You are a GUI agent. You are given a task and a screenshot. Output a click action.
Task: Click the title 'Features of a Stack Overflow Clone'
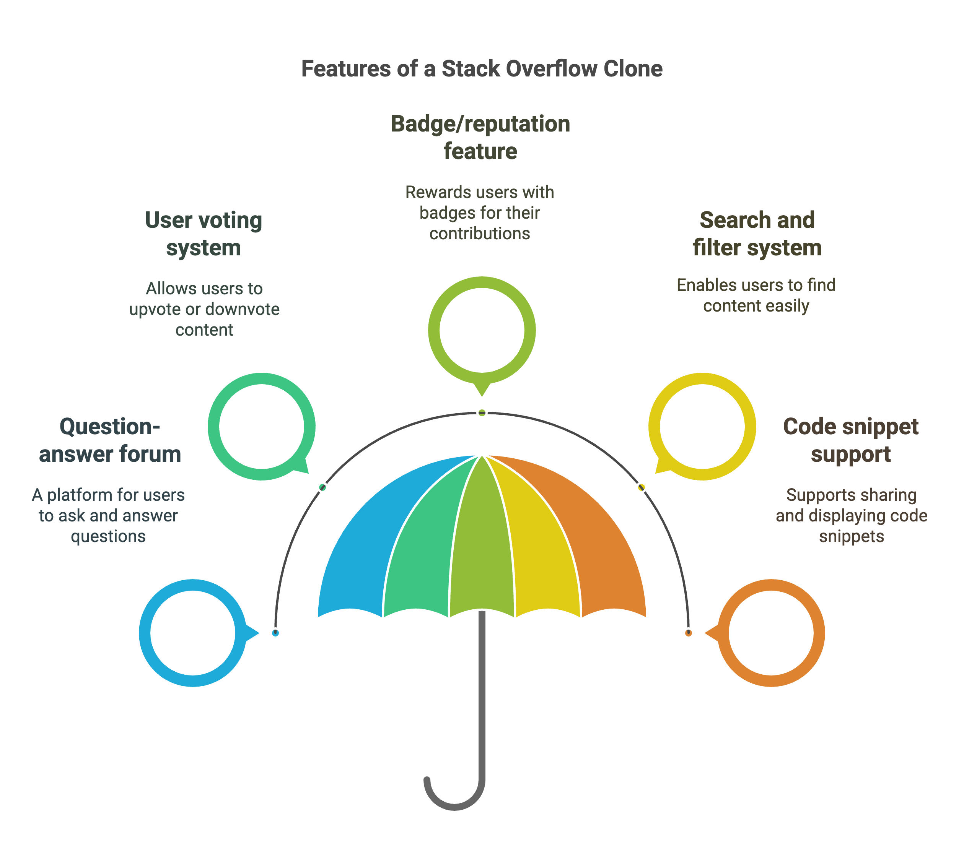(x=482, y=68)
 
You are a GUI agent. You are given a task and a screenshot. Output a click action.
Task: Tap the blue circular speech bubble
(x=145, y=633)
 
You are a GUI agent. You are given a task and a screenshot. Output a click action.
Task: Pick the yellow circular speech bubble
(x=655, y=426)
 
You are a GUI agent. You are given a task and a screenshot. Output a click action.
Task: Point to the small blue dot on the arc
(x=275, y=633)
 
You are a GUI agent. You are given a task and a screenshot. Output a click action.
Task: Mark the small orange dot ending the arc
(x=689, y=633)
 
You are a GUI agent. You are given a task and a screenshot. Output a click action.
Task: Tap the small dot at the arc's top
(x=482, y=412)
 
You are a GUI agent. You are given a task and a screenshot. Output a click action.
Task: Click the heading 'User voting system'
(x=204, y=234)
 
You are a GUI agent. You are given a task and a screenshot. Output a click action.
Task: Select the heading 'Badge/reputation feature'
(x=480, y=137)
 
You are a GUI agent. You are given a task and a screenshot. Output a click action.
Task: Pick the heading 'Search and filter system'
(x=757, y=234)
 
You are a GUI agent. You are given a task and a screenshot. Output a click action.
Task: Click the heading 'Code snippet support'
(x=851, y=440)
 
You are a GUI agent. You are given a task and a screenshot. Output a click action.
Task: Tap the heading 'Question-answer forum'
(x=110, y=440)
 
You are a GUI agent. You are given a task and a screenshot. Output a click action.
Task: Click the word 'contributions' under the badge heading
(x=480, y=234)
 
